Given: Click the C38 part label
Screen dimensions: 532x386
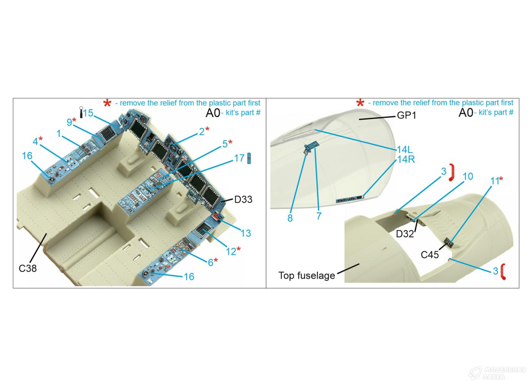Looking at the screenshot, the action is tap(27, 268).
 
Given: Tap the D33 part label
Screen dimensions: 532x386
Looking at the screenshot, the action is tap(243, 199).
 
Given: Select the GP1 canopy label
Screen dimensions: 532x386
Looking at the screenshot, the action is tap(407, 116).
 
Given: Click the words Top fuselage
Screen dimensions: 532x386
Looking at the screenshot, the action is tap(307, 275).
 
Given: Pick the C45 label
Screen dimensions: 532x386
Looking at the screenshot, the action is tap(430, 255).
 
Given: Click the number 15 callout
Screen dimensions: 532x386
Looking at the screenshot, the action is tap(88, 113).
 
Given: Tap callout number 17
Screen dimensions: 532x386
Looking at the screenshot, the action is tap(239, 158).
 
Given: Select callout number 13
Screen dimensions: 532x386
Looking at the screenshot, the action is tap(246, 233).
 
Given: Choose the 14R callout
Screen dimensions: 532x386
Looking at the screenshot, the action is tap(406, 159).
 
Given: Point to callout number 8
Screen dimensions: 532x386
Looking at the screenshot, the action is tap(290, 218).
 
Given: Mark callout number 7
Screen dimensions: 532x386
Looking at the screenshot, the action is tap(319, 216).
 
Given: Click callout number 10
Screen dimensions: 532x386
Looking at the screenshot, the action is tap(468, 176).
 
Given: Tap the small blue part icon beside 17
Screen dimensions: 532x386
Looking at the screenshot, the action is tap(249, 158).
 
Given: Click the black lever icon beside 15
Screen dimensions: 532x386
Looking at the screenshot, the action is tap(81, 112).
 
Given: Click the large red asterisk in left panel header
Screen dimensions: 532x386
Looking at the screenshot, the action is tap(107, 103).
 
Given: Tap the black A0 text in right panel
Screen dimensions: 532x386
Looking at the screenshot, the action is tap(466, 113).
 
